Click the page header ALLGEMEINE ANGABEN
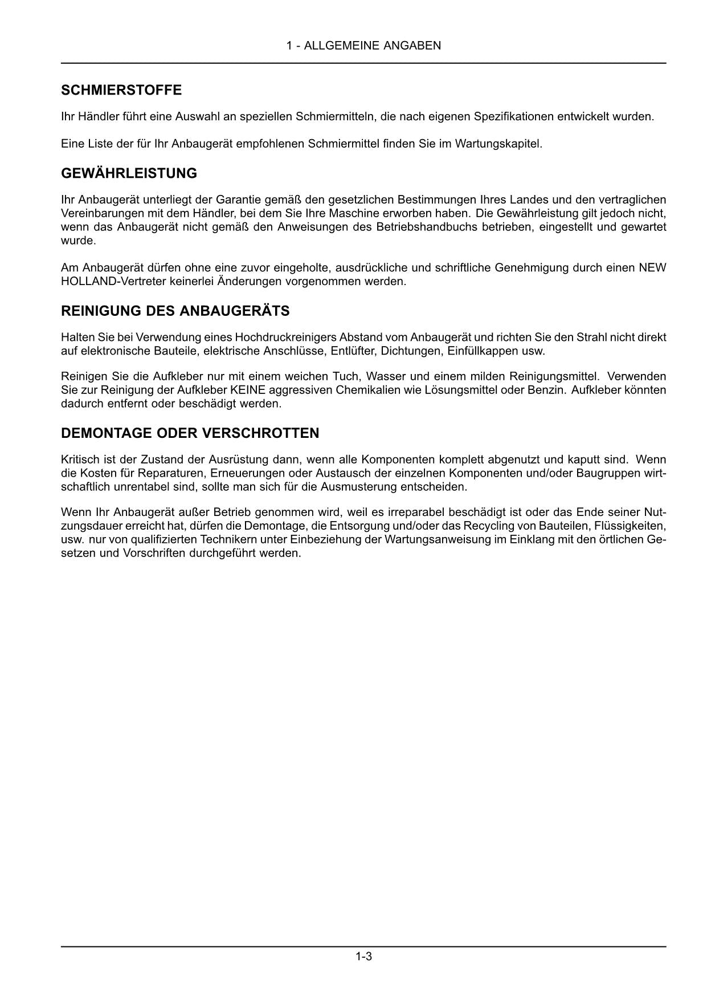point(363,46)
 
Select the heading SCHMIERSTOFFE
point(121,90)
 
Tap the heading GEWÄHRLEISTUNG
point(129,173)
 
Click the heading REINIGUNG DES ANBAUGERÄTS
point(175,311)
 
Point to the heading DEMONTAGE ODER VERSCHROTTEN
point(190,433)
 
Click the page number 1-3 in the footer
point(363,956)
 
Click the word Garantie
point(236,200)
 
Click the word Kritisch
point(80,460)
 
